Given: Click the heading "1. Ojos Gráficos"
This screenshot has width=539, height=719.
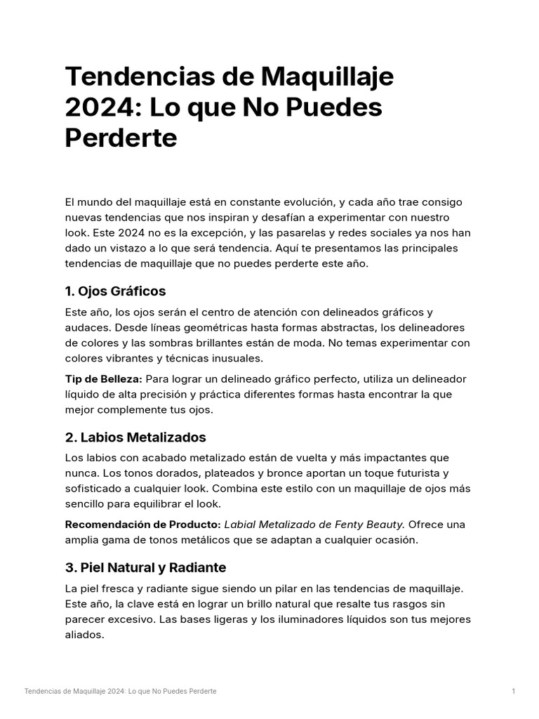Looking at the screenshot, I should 115,291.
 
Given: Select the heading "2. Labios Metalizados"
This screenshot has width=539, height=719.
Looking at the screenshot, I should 135,437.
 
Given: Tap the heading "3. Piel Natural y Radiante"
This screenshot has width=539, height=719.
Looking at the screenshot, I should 145,567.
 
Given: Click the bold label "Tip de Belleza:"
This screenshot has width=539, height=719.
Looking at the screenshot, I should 103,379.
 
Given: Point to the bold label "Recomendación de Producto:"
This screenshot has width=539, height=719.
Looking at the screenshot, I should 142,525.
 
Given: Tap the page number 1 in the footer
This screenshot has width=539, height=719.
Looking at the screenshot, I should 513,692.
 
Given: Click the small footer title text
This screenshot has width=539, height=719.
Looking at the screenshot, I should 120,692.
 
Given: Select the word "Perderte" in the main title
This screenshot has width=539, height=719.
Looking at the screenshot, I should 121,138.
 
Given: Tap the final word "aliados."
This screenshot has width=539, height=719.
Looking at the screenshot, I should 84,635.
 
